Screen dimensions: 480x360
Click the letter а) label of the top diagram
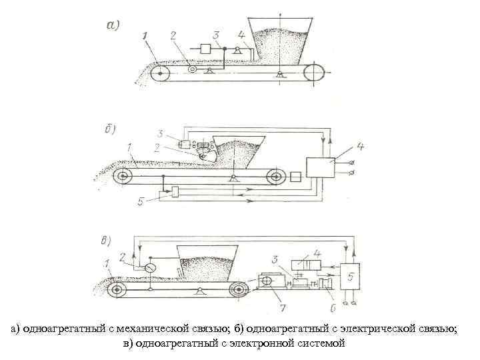pyautogui.click(x=113, y=27)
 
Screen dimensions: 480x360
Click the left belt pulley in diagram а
pyautogui.click(x=160, y=74)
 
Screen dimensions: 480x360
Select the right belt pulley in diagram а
pyautogui.click(x=311, y=73)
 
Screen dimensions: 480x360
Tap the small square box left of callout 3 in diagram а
pyautogui.click(x=205, y=49)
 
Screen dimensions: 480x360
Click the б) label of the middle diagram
pyautogui.click(x=112, y=129)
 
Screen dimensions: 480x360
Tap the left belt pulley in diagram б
pyautogui.click(x=122, y=177)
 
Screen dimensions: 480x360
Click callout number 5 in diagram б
pyautogui.click(x=141, y=201)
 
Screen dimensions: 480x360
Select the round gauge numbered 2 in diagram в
pyautogui.click(x=151, y=267)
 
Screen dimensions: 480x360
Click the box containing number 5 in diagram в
pyautogui.click(x=351, y=275)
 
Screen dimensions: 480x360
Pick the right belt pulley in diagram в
pyautogui.click(x=237, y=290)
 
